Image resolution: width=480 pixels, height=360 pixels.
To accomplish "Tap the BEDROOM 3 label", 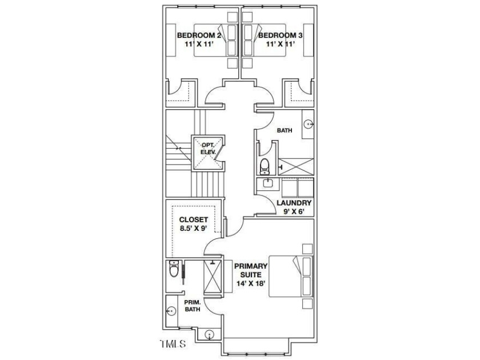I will tap(279, 35).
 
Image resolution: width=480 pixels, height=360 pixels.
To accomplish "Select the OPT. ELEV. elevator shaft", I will tap(208, 153).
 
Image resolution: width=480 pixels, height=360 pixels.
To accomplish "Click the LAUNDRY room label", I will tap(294, 203).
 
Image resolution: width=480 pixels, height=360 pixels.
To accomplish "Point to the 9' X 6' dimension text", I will tap(294, 212).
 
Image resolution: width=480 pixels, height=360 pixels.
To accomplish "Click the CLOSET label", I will tap(193, 219).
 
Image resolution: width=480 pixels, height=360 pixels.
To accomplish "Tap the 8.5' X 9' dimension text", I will tap(193, 229).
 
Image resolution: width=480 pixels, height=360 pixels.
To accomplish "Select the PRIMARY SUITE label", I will tap(250, 269).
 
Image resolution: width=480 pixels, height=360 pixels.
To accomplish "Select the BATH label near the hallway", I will tap(284, 131).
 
